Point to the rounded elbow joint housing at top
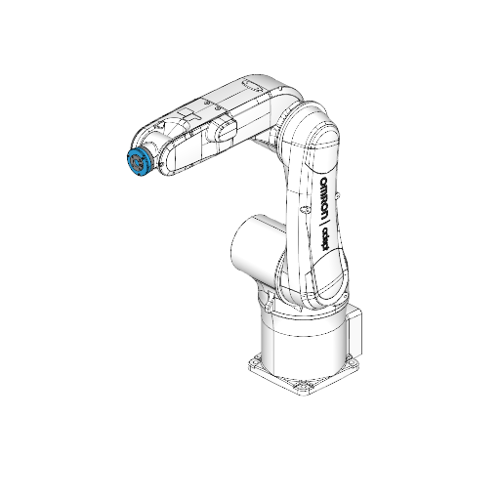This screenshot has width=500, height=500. point(314,132)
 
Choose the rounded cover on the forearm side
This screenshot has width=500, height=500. point(223,132)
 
